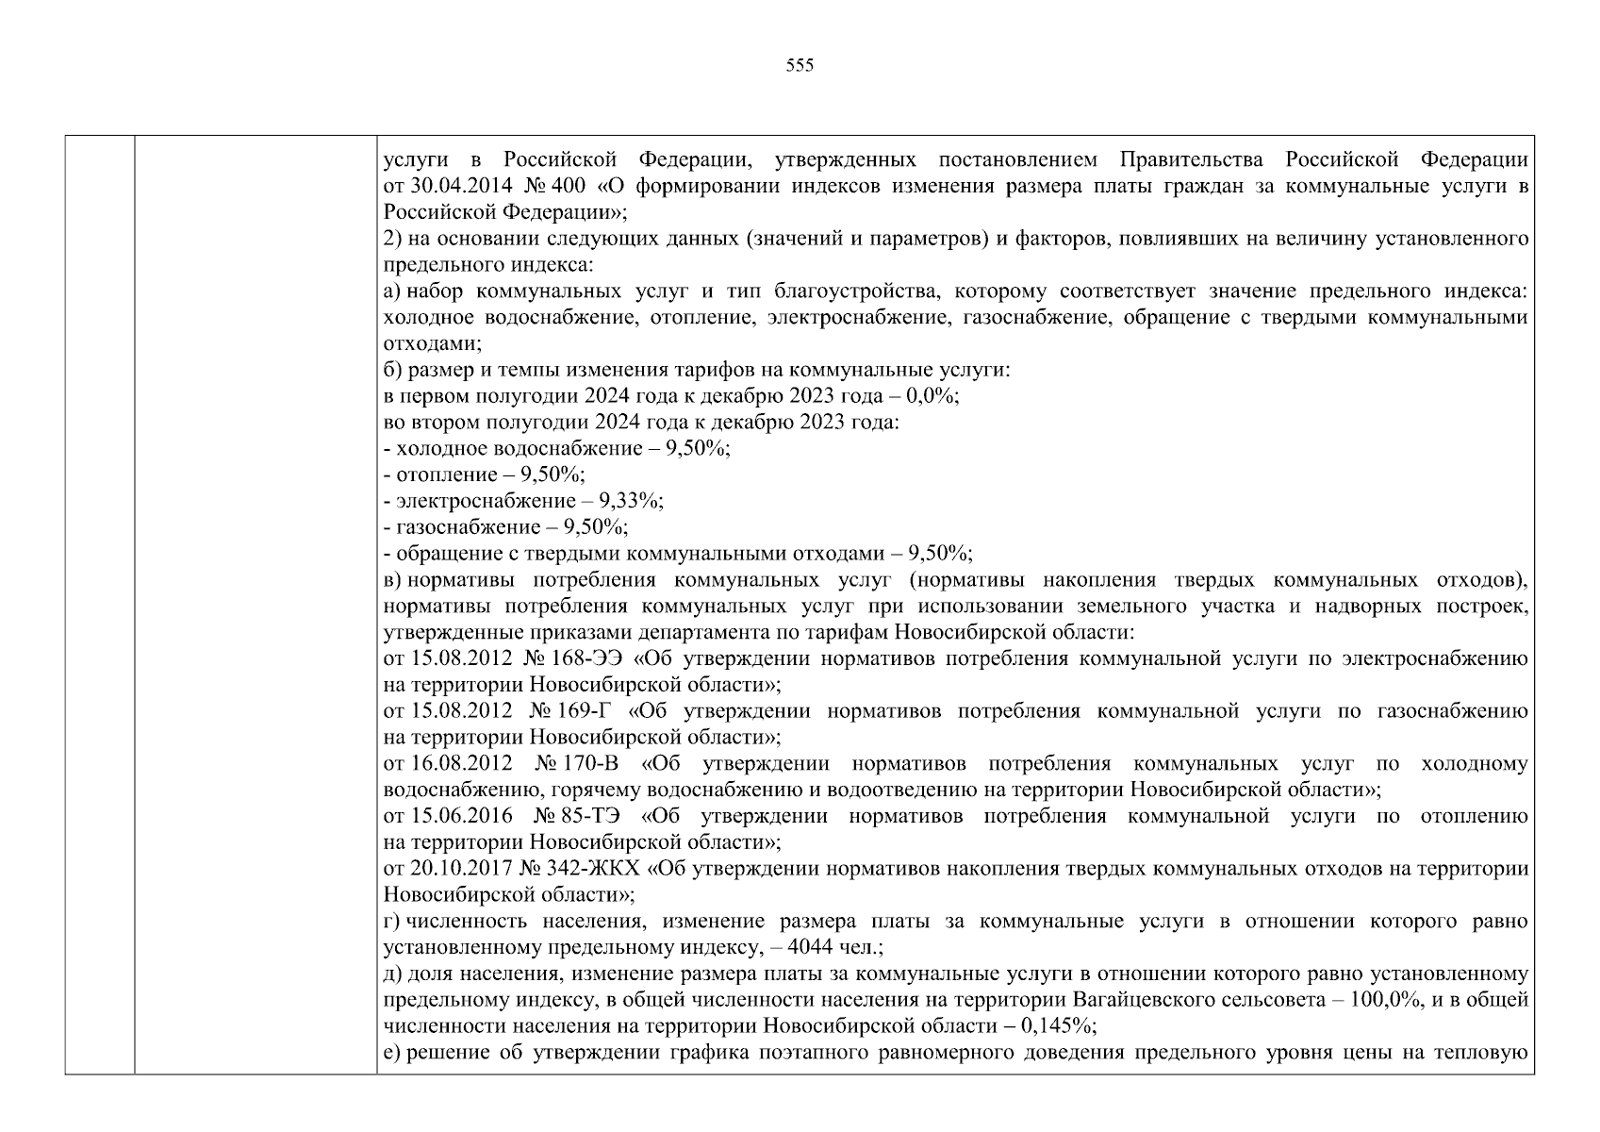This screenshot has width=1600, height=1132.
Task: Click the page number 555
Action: [x=799, y=66]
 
